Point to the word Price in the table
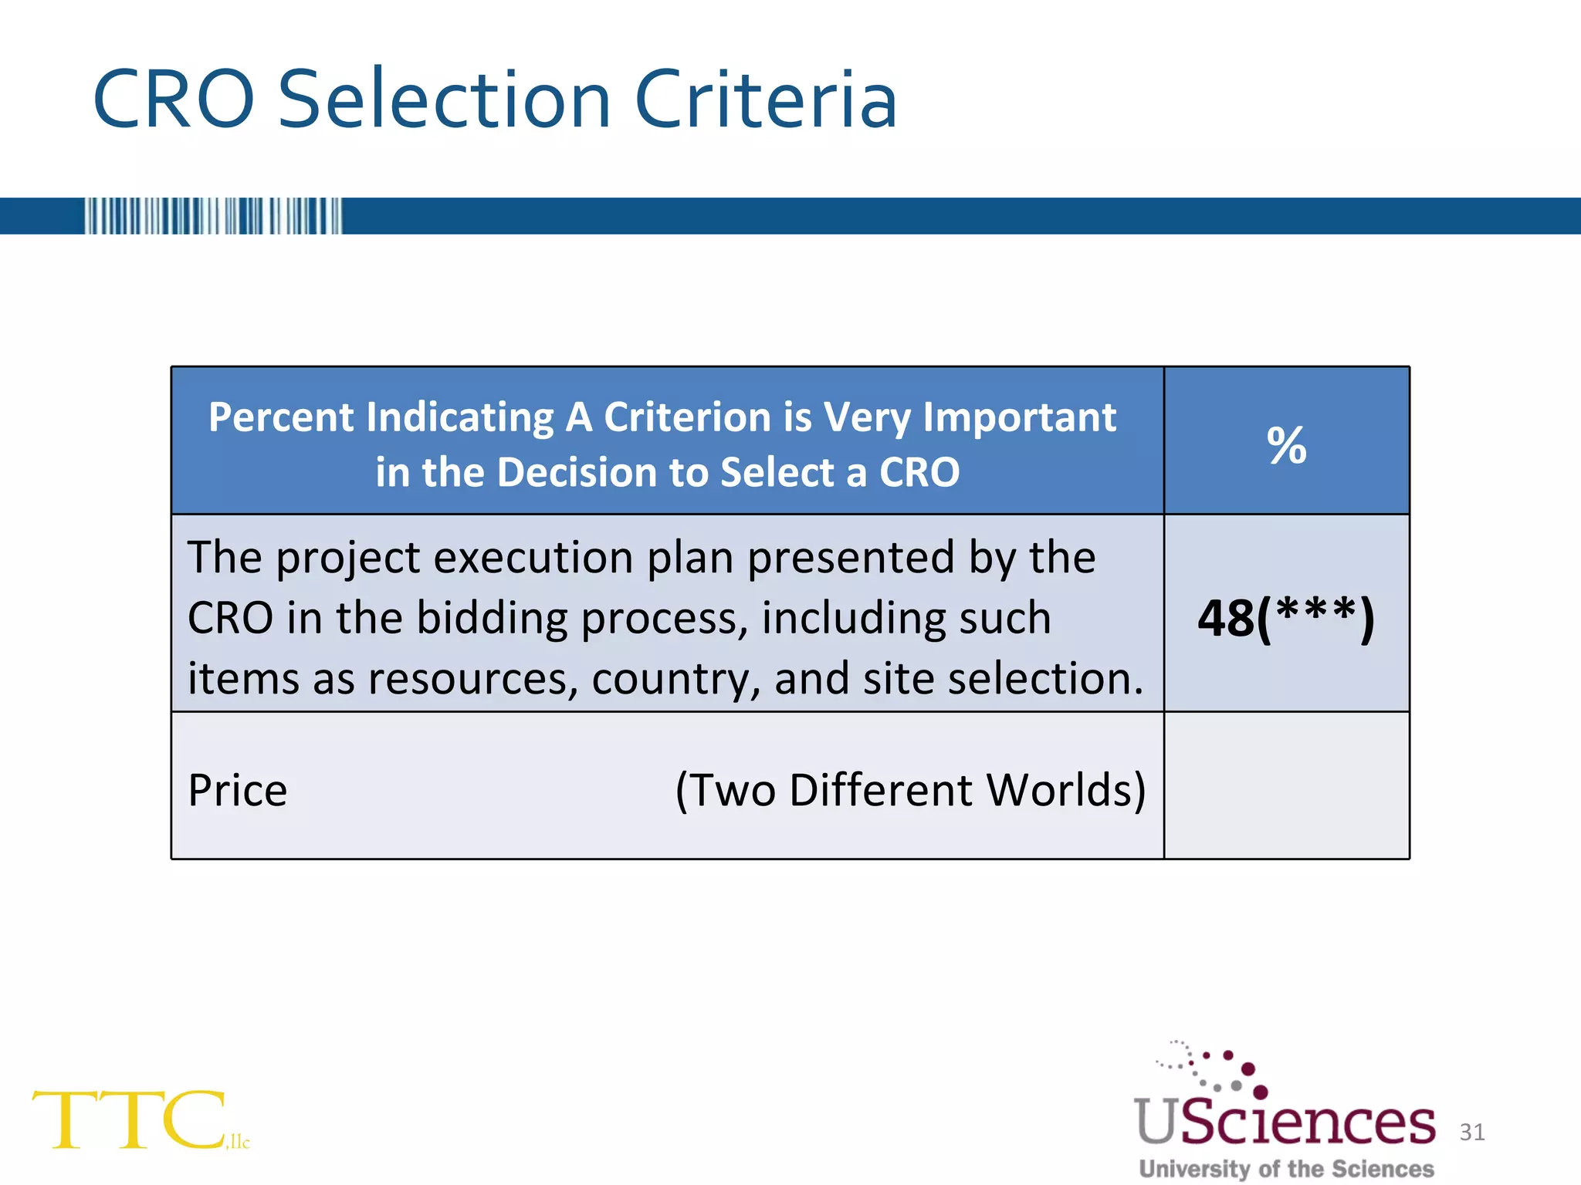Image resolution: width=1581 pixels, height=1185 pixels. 238,790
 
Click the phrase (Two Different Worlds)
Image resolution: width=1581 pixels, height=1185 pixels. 911,790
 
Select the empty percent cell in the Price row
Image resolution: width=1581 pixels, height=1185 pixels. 1286,785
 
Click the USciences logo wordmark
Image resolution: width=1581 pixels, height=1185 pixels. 1285,1122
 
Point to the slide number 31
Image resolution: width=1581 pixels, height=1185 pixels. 1472,1132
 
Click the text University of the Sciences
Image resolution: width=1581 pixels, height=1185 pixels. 1286,1169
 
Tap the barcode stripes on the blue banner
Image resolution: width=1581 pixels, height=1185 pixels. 213,216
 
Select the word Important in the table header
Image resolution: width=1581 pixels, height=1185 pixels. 1019,417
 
